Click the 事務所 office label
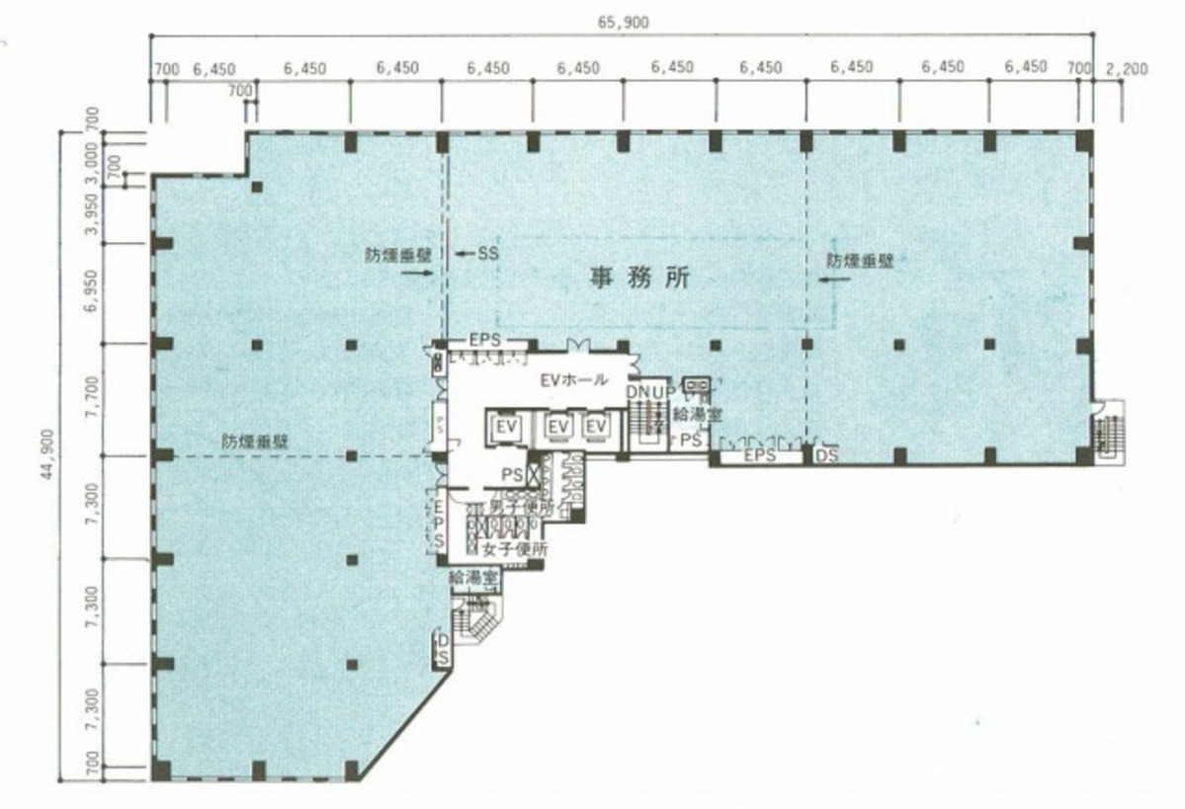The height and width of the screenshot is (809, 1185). tap(638, 279)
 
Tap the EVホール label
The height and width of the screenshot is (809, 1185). tap(573, 380)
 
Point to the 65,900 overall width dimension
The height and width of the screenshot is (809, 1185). tap(624, 23)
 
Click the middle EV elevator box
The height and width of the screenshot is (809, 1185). tap(558, 426)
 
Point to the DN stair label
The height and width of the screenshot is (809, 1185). tap(637, 392)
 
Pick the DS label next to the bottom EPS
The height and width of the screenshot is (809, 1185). tap(826, 456)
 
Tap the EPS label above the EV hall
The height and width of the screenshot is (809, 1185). tap(485, 340)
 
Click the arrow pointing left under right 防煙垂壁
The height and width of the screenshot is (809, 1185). tap(832, 280)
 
